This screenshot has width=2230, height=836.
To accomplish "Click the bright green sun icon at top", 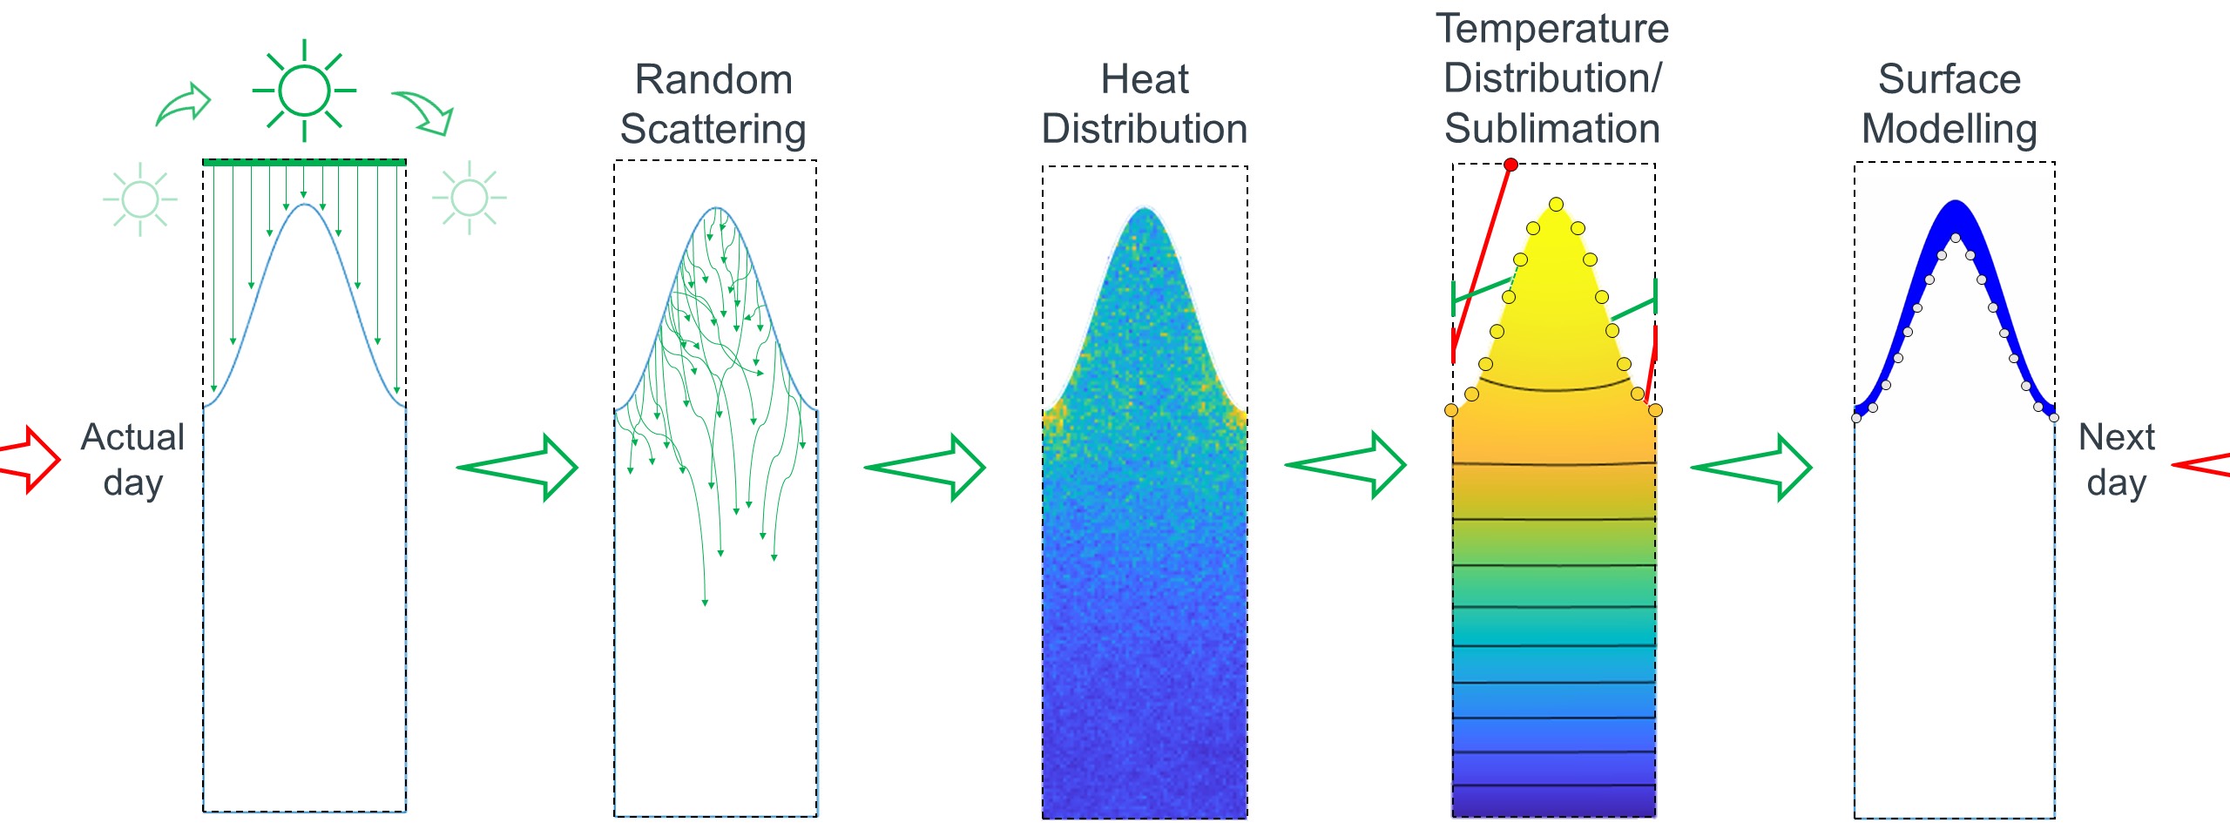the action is (304, 90).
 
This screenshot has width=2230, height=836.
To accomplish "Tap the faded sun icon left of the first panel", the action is (140, 199).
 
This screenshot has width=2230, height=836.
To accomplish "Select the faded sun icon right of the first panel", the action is (470, 198).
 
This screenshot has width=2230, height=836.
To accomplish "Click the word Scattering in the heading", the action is (713, 130).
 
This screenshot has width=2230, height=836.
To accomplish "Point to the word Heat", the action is (1145, 79).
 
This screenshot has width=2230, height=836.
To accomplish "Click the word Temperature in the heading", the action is (1552, 29).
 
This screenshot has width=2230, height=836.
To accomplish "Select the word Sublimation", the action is (1552, 129).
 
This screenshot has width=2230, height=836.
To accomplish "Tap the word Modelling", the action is (1950, 130).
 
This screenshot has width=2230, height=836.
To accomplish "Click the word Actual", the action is (133, 437).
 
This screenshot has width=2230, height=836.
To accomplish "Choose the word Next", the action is (2117, 437).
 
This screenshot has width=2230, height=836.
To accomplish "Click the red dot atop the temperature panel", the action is (1511, 165).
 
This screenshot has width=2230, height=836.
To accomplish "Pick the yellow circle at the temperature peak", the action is (1556, 205).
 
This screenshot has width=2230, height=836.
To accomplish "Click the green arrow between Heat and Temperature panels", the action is (1345, 465).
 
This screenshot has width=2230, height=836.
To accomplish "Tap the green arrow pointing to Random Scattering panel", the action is (517, 468).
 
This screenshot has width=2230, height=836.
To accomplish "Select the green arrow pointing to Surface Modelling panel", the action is (1751, 468).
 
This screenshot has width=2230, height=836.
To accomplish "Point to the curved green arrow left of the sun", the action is (183, 104).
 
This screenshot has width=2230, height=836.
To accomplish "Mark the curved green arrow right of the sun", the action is (424, 112).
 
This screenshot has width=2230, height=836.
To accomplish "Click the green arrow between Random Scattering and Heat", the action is (924, 468).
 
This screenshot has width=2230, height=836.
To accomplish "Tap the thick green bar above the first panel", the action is (304, 162).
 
